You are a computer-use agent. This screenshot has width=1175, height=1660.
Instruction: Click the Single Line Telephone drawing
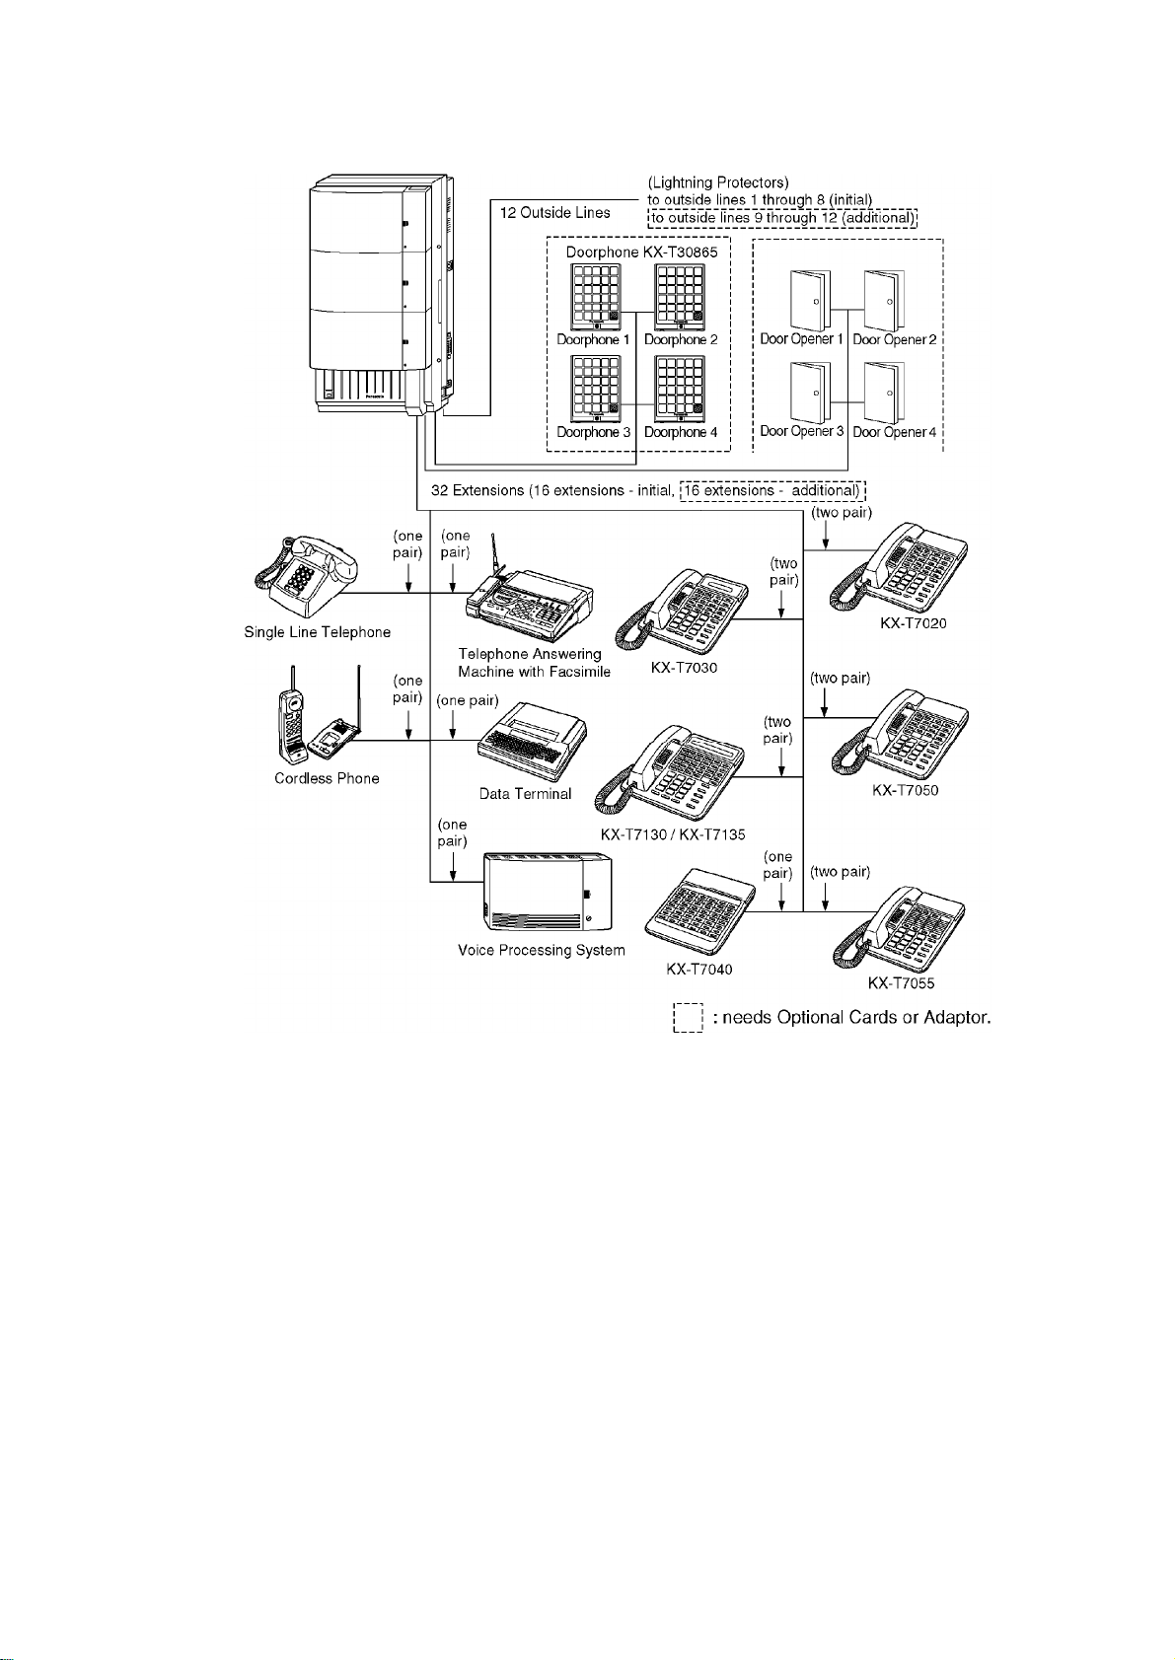coord(306,576)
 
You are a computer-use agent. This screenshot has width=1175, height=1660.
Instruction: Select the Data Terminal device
coord(533,741)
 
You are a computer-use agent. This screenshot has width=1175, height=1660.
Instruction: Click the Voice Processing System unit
coord(548,893)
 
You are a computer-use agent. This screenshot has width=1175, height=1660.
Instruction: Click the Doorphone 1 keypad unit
coord(595,297)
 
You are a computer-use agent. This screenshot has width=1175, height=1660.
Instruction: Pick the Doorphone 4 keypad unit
coord(680,389)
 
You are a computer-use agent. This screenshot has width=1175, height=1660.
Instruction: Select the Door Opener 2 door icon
coord(884,301)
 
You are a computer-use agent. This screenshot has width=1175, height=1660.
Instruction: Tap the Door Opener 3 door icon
coord(810,393)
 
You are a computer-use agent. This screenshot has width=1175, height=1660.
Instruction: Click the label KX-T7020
coord(914,623)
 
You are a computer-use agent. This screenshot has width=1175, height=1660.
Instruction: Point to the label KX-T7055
coord(901,983)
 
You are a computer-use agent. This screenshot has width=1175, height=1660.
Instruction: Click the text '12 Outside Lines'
coord(554,213)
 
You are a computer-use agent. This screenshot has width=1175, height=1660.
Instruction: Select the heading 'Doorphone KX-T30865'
coord(642,252)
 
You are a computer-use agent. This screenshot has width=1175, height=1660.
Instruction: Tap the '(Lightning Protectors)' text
coord(718,182)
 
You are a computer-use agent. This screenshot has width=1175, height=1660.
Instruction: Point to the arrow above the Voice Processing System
coord(453,866)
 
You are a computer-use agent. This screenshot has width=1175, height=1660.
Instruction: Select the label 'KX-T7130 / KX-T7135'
coord(673,834)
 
